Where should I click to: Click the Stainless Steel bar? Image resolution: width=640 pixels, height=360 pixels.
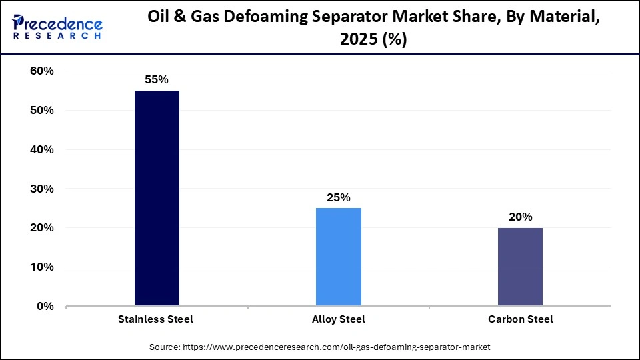(x=157, y=199)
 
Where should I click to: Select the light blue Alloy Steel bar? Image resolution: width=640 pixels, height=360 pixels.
(x=338, y=257)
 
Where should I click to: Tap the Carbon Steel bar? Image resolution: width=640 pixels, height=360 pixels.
(x=520, y=267)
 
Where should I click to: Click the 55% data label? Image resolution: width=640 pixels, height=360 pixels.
(x=157, y=79)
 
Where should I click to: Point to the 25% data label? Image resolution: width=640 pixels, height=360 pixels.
(x=338, y=197)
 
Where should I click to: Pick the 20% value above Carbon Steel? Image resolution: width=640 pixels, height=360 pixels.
(x=520, y=217)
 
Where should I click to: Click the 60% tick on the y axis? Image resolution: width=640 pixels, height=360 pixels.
(x=42, y=71)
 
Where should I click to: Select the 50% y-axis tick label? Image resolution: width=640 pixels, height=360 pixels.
(x=42, y=111)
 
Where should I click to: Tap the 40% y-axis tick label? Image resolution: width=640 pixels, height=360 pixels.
(x=42, y=150)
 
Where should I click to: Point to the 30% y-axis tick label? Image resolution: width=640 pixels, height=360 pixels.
(x=42, y=189)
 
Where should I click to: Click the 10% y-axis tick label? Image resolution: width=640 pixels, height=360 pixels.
(x=42, y=267)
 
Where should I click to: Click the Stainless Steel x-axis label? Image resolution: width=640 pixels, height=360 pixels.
(x=157, y=319)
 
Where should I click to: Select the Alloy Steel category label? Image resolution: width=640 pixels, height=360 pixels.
(x=338, y=319)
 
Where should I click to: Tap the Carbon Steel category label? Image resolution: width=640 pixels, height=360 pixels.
(x=520, y=319)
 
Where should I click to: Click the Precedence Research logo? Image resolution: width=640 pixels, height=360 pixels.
(x=57, y=27)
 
